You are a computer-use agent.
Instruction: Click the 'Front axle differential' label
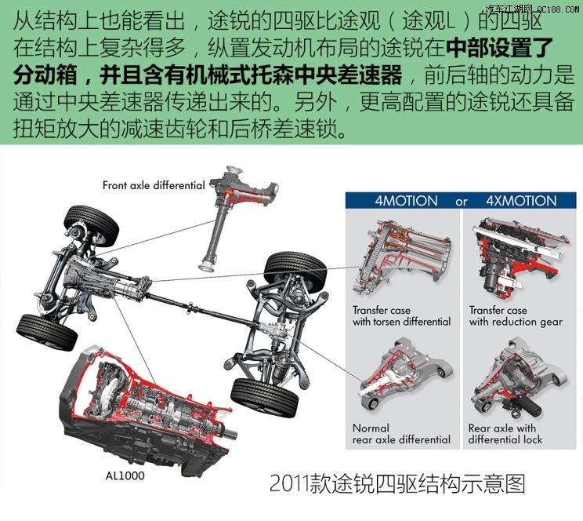point(154,186)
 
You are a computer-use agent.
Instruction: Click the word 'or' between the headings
point(462,202)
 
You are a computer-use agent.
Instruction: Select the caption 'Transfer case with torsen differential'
point(401,315)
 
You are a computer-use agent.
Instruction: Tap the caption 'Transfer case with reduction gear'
point(516,315)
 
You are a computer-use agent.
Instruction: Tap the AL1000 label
point(125,475)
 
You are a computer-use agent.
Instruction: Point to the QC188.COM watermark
point(533,9)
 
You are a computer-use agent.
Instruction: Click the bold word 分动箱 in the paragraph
point(49,76)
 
